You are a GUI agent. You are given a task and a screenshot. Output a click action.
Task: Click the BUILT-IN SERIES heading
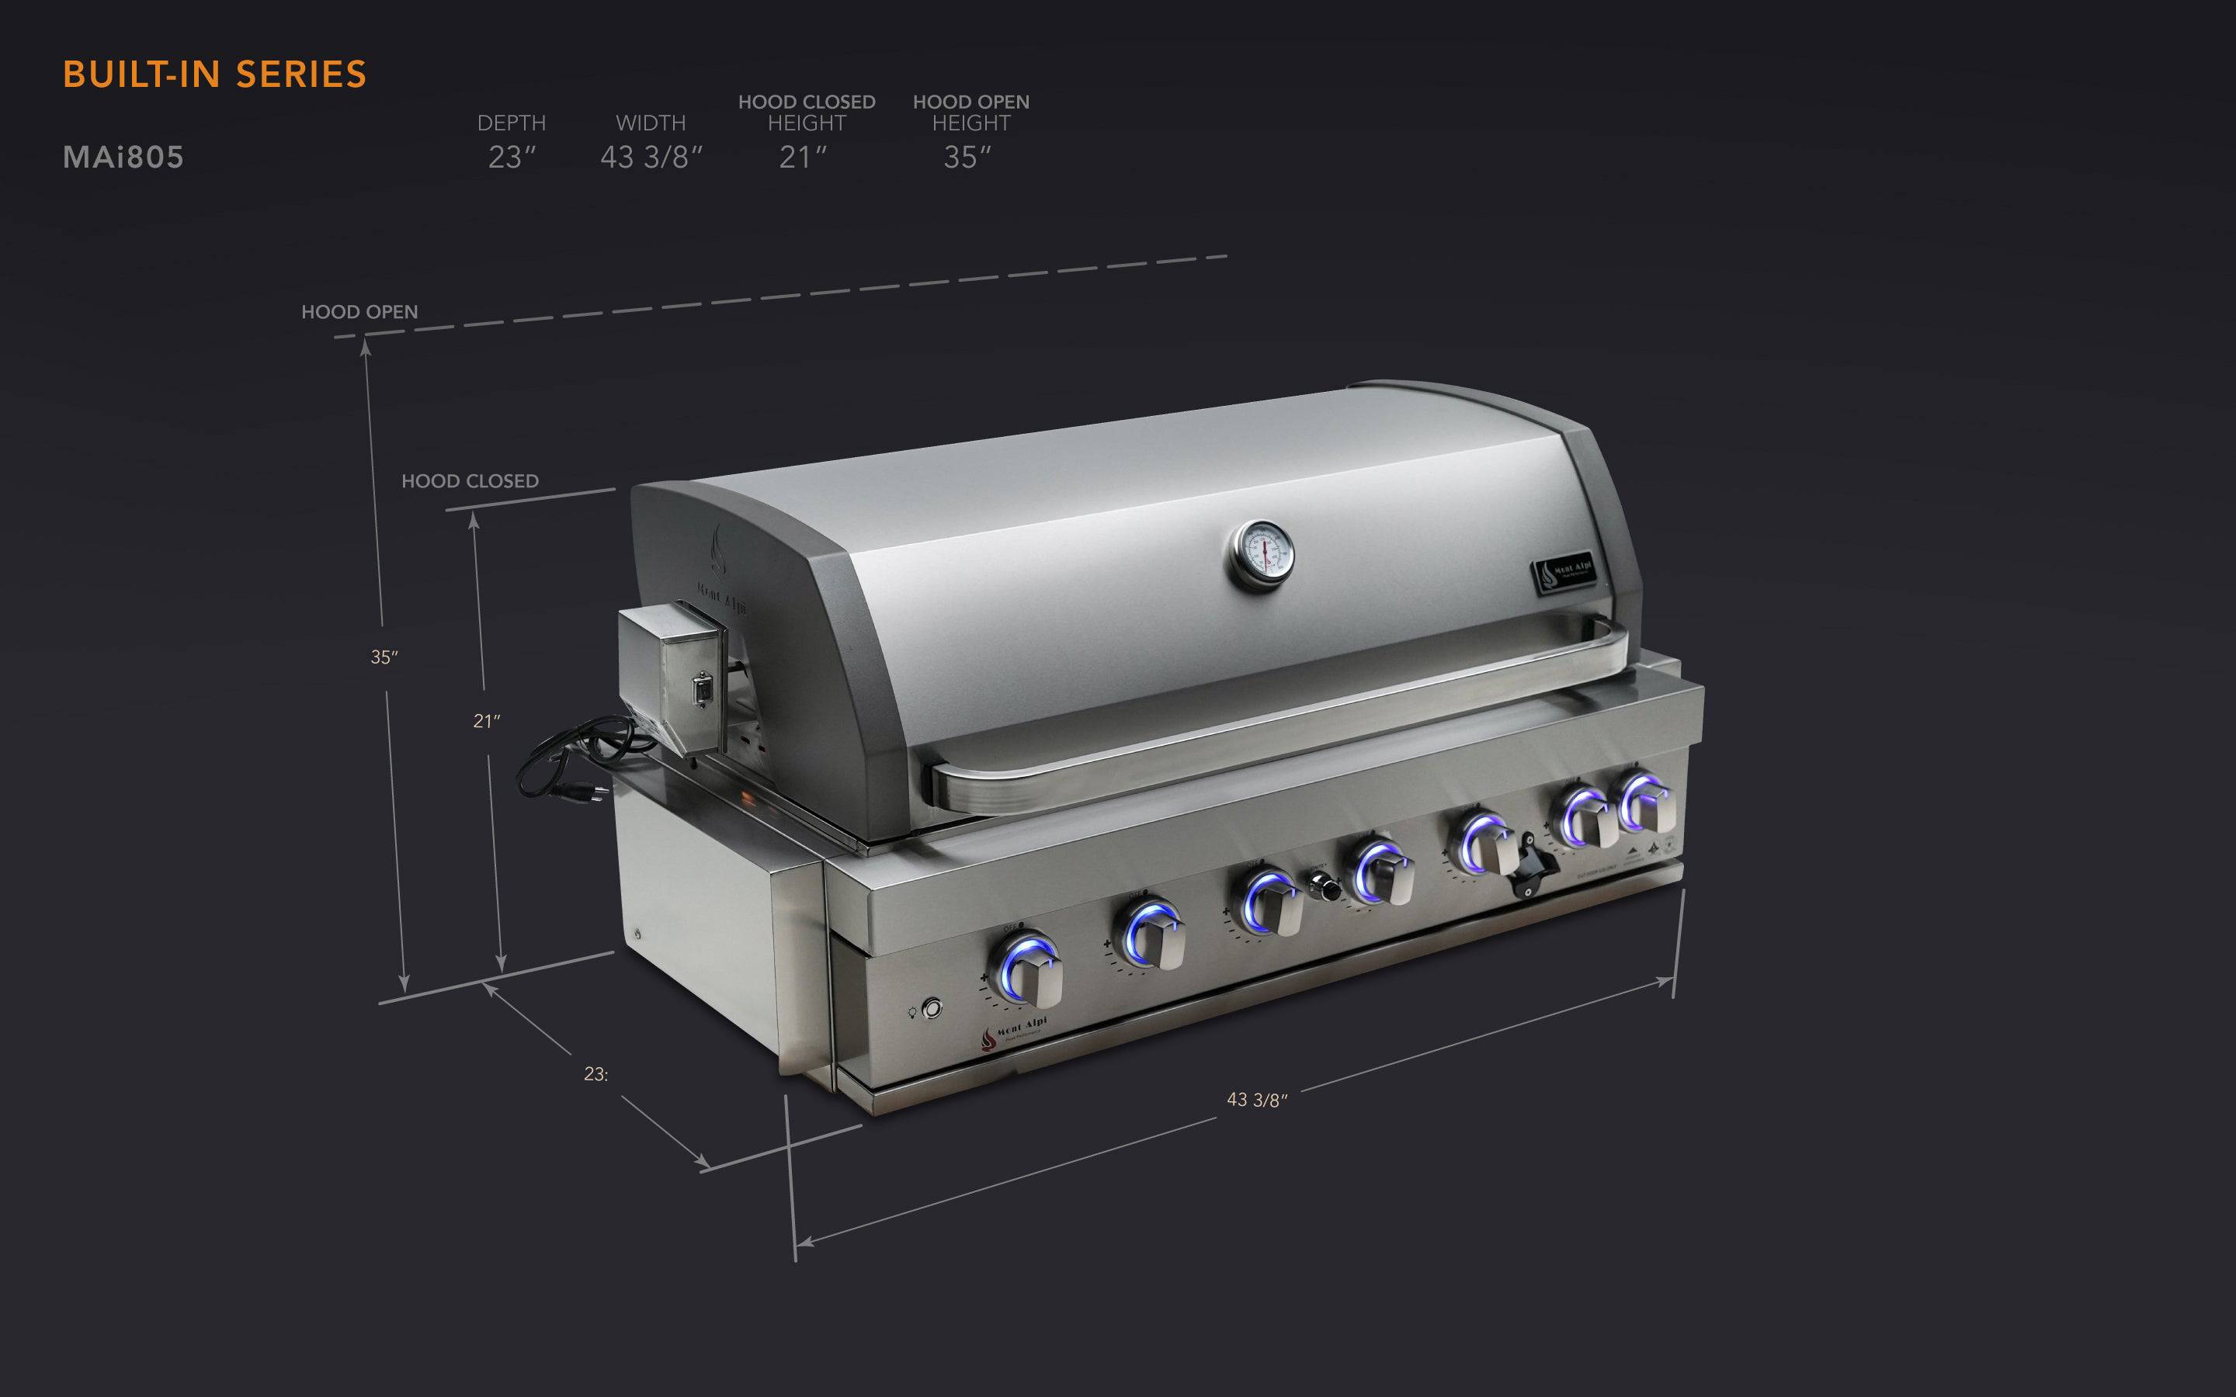tap(214, 75)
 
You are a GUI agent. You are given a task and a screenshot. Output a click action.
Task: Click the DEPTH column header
tap(511, 123)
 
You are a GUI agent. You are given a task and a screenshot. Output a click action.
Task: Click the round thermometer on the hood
tap(1260, 553)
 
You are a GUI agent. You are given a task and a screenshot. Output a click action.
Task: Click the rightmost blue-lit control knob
tap(1647, 801)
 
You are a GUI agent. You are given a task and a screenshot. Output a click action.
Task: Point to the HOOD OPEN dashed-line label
tap(359, 312)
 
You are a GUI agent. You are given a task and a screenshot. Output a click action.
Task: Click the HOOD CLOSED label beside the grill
tap(470, 481)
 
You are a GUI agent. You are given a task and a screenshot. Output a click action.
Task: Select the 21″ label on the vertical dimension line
tap(487, 722)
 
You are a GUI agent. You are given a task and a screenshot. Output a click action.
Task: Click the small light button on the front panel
tap(932, 1008)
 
